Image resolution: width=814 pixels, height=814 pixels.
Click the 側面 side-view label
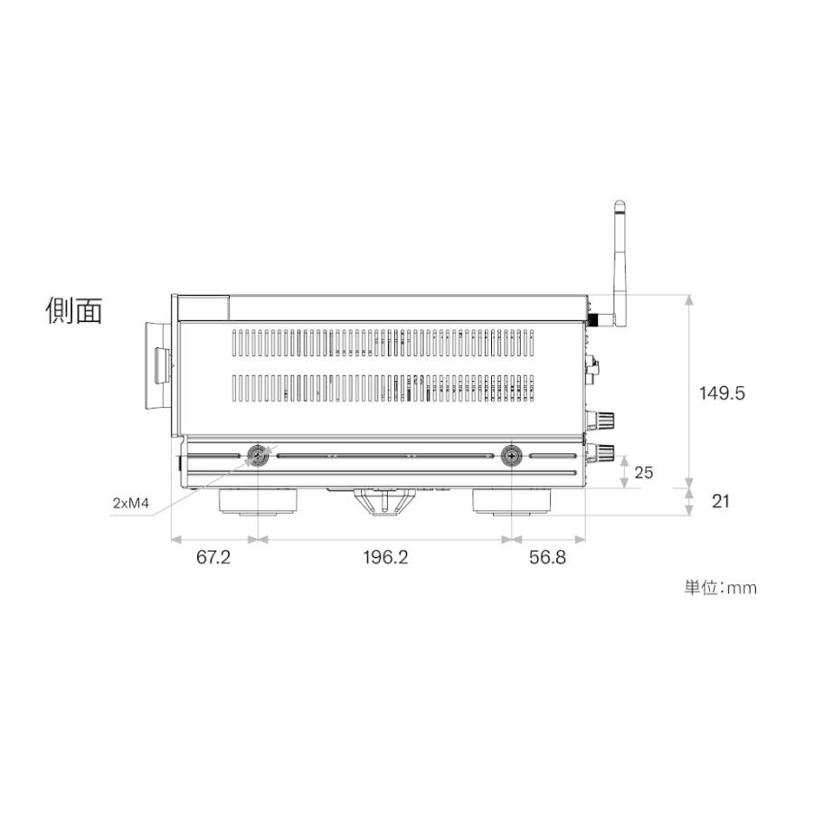tap(74, 310)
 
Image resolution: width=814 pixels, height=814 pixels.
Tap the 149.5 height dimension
tap(722, 393)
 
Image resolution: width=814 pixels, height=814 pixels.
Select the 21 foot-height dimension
tap(720, 501)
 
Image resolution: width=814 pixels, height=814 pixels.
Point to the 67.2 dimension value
tap(213, 558)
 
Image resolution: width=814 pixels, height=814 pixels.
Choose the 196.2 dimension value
tap(386, 558)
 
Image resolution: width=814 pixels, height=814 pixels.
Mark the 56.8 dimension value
tap(547, 558)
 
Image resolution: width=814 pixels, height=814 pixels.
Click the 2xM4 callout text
tap(132, 503)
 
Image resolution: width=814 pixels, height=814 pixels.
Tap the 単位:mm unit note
tap(720, 588)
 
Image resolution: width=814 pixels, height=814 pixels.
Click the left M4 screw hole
tap(260, 456)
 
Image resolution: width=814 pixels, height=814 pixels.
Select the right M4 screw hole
tap(513, 456)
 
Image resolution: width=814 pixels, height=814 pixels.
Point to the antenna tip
tap(620, 206)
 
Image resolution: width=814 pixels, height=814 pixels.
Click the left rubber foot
tap(259, 502)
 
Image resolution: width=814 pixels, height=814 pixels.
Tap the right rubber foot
tap(513, 502)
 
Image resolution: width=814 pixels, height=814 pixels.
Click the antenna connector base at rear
tap(598, 318)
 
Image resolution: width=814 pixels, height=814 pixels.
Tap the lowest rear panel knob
tap(602, 451)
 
